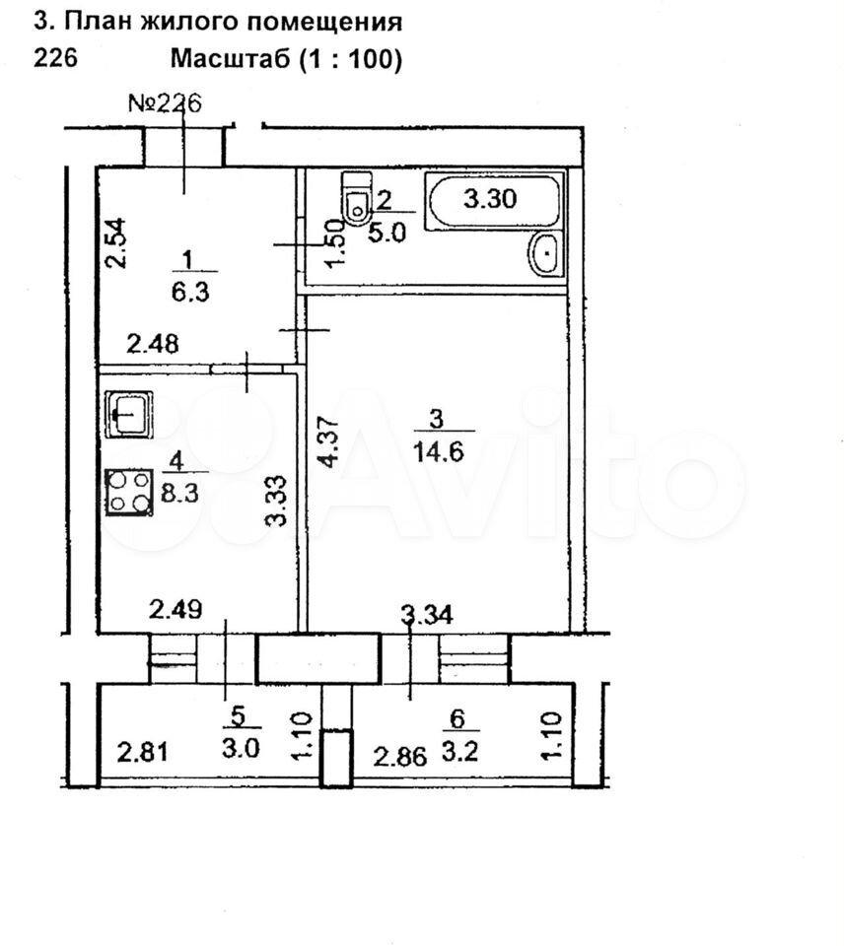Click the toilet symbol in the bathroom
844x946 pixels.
click(356, 198)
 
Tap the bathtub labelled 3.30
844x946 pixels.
click(492, 201)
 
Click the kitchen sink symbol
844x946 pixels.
click(128, 413)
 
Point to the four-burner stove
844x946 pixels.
click(128, 493)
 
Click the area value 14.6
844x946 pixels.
click(439, 450)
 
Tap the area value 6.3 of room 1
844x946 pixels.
click(189, 293)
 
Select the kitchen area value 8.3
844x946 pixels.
click(179, 494)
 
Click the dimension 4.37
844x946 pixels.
click(331, 441)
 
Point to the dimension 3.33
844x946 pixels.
click(276, 502)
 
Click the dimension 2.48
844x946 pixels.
click(152, 344)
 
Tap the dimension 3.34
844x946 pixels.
click(427, 615)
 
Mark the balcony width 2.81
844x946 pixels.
click(143, 752)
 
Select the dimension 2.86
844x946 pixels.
click(399, 756)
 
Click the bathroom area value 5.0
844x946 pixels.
click(387, 233)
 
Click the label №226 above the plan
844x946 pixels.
click(165, 103)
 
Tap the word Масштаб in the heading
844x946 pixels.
click(231, 59)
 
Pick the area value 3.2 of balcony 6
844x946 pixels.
click(460, 752)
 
